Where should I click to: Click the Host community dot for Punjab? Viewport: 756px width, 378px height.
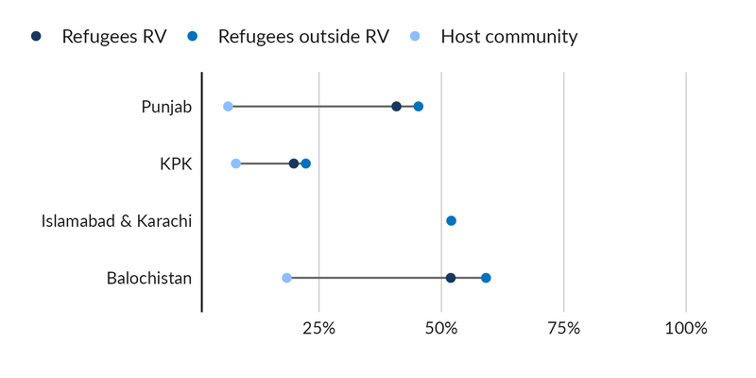click(x=228, y=107)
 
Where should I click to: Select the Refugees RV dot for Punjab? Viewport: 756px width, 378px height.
click(x=396, y=107)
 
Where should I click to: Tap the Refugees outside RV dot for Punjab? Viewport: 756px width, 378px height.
click(x=419, y=107)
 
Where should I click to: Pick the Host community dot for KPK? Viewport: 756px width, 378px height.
click(x=235, y=163)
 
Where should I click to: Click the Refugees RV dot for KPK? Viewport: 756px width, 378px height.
click(x=294, y=163)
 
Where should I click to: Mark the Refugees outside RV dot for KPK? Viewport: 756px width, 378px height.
click(x=306, y=163)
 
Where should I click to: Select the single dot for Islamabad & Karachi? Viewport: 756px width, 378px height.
click(x=451, y=220)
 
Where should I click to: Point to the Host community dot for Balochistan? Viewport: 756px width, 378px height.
click(x=286, y=278)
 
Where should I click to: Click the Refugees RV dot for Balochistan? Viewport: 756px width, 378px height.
click(x=451, y=278)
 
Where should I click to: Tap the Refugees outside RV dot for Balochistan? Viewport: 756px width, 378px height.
click(x=486, y=278)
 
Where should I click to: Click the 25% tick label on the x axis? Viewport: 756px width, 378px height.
click(x=319, y=329)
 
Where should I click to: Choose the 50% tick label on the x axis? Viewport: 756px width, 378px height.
click(x=441, y=329)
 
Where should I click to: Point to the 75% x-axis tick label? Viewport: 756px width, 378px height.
click(x=563, y=329)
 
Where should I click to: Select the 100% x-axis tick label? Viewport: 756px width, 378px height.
click(x=686, y=329)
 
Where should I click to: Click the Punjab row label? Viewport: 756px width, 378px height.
click(x=166, y=107)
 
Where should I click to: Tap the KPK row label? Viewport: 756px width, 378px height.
click(x=176, y=163)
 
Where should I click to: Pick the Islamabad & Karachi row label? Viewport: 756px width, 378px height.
click(x=116, y=220)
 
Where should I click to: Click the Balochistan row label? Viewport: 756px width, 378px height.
click(x=149, y=278)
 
